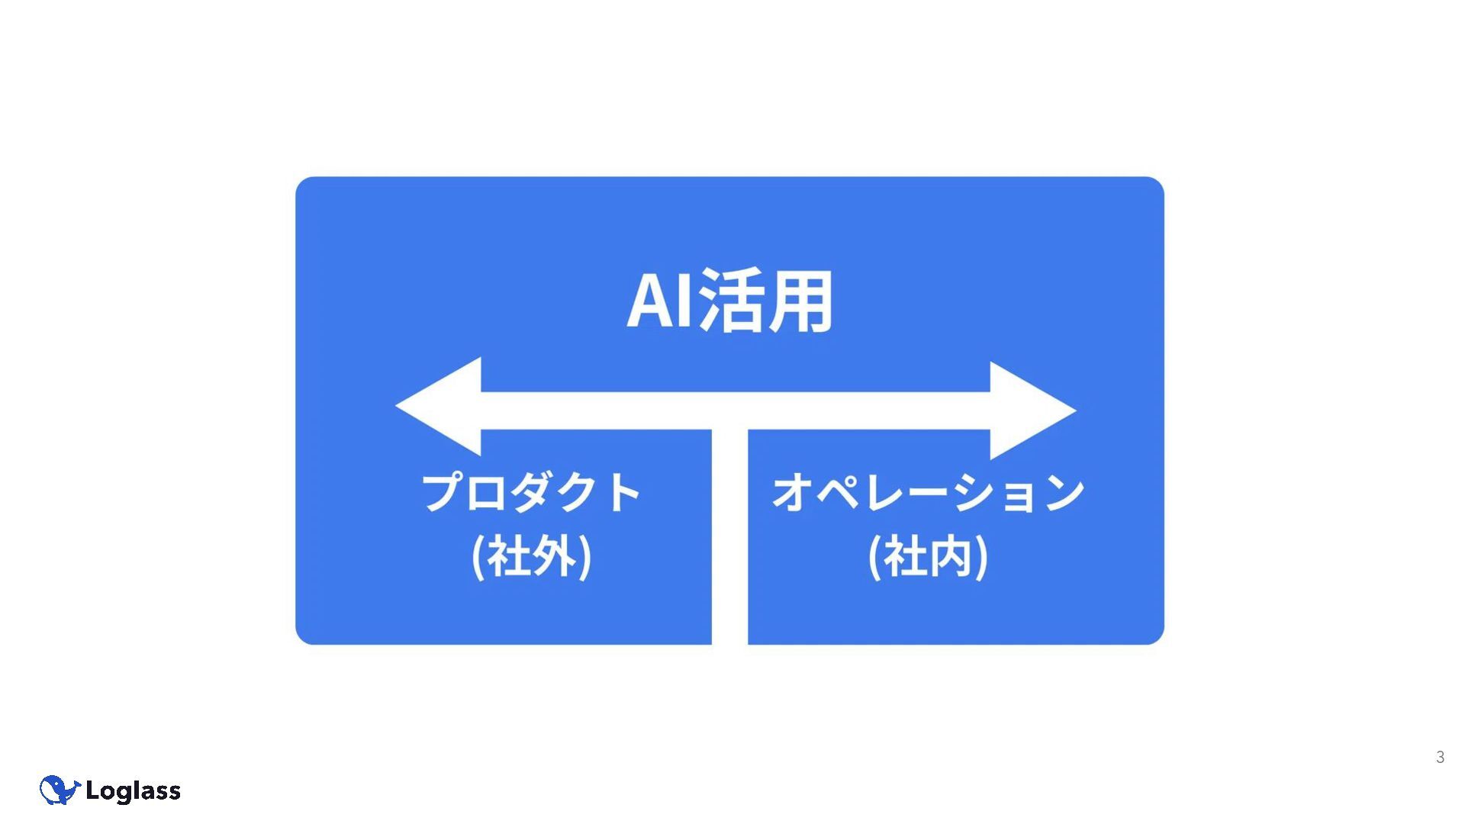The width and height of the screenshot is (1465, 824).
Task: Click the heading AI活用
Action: (729, 301)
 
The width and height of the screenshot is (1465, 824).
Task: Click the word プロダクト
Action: (531, 492)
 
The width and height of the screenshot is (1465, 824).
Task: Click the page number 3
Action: (1440, 758)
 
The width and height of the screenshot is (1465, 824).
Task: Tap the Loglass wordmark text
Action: (134, 791)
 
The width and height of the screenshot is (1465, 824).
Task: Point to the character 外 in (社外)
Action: (554, 557)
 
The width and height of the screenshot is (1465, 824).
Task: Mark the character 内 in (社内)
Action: (951, 557)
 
